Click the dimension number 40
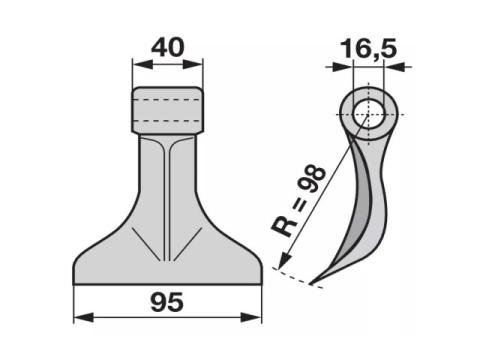coord(167,47)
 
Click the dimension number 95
coord(167,302)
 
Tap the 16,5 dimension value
coord(369,49)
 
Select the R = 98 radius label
coord(298,201)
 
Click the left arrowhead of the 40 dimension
coord(143,65)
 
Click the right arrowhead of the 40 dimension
coord(193,65)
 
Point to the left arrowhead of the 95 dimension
coord(84,317)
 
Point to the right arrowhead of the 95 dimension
coord(251,317)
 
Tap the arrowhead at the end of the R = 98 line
coord(284,261)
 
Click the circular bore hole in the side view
coord(368,114)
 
